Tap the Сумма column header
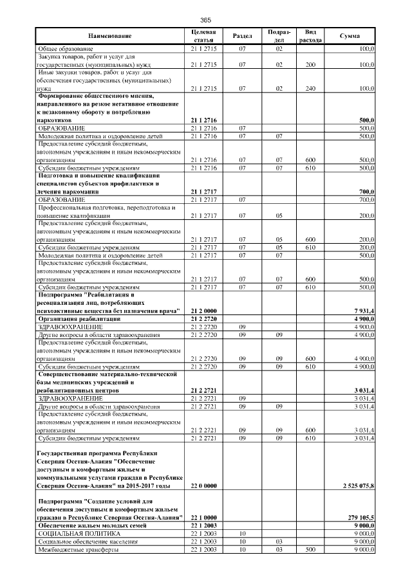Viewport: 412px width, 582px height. [x=350, y=36]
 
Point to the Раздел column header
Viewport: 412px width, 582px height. [x=242, y=36]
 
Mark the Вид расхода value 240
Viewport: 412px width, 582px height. [x=310, y=88]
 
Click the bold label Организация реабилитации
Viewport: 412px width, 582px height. [x=79, y=319]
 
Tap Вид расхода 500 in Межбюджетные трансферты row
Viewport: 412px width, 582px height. [x=310, y=550]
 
